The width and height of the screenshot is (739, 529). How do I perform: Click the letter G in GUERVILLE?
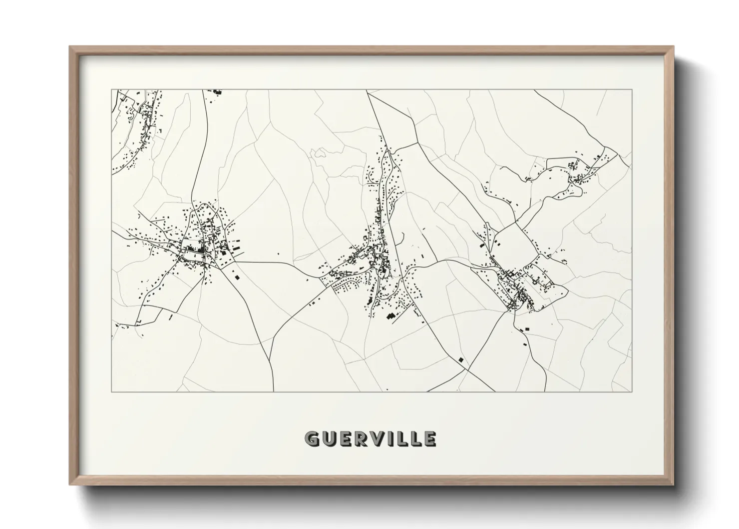point(312,438)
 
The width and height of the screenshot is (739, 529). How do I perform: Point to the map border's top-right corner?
point(632,90)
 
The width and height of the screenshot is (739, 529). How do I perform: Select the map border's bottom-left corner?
point(111,391)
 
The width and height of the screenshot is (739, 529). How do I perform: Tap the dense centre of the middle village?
point(377,255)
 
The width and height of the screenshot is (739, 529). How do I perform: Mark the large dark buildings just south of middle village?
point(390,316)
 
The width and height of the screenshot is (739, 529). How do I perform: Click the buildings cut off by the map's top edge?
point(218,92)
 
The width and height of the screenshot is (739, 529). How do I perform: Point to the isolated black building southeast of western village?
point(237,275)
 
